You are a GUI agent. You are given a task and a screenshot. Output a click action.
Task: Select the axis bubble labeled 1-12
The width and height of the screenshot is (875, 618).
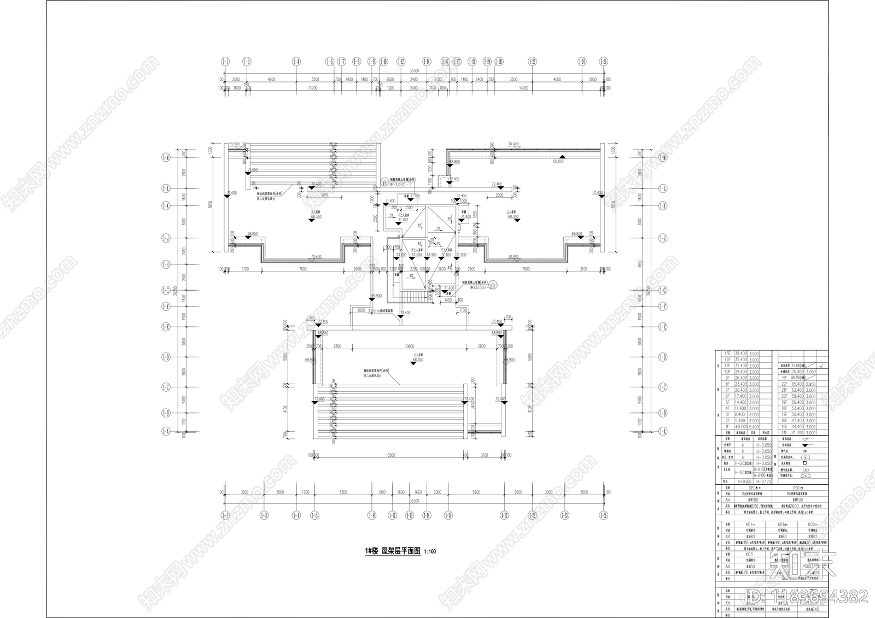coord(401,62)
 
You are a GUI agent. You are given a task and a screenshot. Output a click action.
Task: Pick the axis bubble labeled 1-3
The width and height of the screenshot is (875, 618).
coord(264,515)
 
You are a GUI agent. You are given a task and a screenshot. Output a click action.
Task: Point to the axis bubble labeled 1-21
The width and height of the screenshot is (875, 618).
coord(505,515)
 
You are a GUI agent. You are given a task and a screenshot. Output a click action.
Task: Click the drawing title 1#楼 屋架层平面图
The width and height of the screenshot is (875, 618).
coord(393,551)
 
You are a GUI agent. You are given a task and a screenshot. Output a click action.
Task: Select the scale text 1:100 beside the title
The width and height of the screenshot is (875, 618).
coord(430,552)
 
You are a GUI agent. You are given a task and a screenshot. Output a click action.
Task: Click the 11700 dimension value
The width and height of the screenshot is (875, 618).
coord(313,87)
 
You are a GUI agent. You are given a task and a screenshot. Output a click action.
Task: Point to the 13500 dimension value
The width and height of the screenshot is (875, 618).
coord(390,455)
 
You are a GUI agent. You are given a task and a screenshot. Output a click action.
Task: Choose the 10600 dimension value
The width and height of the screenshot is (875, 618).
coord(409,346)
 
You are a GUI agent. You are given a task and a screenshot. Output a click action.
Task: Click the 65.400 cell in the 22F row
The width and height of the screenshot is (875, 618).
coord(797,384)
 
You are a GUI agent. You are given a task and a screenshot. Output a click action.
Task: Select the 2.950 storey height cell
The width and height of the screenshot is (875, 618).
coord(811,384)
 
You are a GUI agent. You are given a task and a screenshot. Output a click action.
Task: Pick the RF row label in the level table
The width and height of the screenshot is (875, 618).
coord(784,378)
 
